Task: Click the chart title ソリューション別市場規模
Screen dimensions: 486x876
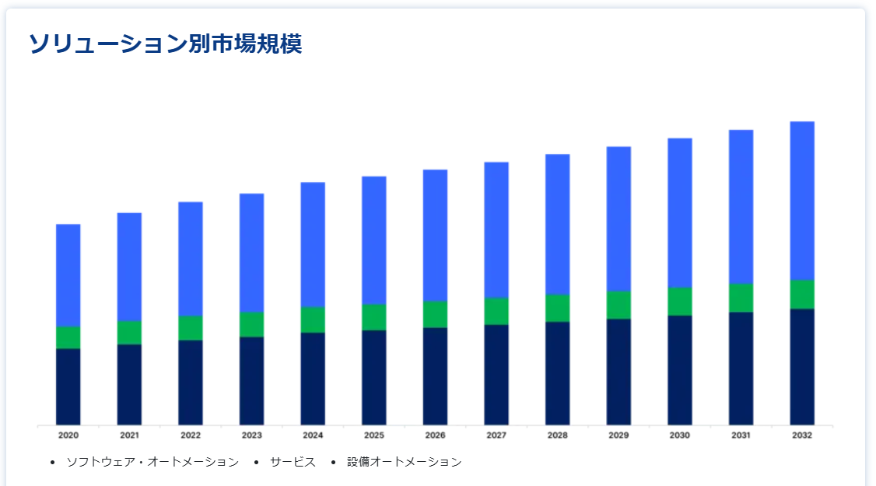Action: tap(165, 44)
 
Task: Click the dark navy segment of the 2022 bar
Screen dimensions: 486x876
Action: tap(191, 382)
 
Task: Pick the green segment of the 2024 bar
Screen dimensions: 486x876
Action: tap(313, 320)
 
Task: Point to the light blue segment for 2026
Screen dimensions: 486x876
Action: tap(435, 235)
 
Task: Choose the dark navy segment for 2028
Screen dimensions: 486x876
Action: tap(557, 373)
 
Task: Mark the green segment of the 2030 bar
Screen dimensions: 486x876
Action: tap(679, 301)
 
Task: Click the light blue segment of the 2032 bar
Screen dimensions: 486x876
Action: tap(802, 201)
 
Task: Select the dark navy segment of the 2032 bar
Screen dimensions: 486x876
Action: tap(802, 366)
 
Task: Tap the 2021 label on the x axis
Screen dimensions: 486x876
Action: tap(129, 435)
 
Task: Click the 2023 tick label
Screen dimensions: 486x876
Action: tap(251, 435)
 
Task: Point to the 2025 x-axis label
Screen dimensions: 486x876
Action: tap(374, 435)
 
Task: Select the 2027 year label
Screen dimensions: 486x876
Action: tap(496, 435)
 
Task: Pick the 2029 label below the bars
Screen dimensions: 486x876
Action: tap(618, 435)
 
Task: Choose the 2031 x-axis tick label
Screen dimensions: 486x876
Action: tap(741, 435)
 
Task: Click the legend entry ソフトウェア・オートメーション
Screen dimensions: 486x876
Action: tap(152, 462)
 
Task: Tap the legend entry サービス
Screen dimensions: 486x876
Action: tap(293, 462)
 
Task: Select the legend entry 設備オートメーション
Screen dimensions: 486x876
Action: tap(404, 462)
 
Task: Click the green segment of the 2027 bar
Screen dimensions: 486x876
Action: tap(496, 311)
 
